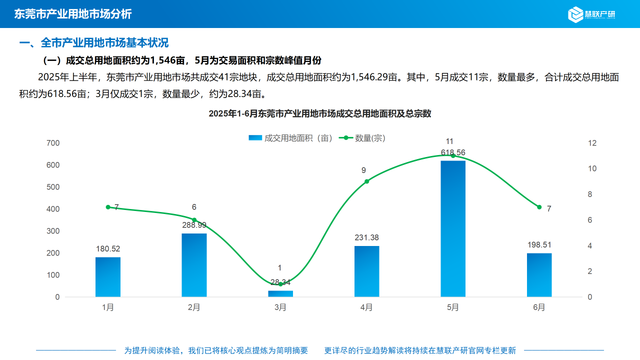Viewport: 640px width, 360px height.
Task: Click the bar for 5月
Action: point(453,228)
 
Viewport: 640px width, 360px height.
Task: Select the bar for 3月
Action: point(280,294)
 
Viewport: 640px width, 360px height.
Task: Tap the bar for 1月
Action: point(108,277)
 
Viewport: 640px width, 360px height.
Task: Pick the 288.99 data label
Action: point(194,225)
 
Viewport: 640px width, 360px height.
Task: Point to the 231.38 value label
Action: point(366,237)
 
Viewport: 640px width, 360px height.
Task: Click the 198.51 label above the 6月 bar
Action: point(539,244)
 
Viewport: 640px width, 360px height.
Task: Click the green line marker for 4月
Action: point(366,181)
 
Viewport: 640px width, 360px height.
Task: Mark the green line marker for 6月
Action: point(539,207)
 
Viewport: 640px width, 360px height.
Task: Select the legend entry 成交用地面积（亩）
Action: point(291,138)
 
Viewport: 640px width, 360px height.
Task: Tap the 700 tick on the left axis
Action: point(53,143)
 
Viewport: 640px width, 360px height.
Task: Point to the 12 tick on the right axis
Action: point(592,143)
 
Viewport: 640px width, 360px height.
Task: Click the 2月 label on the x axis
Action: point(194,307)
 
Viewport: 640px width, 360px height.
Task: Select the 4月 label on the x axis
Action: point(366,307)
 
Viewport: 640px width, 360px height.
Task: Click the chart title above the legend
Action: point(320,113)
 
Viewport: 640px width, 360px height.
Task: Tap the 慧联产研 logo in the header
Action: point(592,14)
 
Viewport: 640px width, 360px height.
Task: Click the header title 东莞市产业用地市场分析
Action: point(73,14)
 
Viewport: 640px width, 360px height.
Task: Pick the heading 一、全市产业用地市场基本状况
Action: point(94,43)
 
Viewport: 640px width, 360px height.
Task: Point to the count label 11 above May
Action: point(449,141)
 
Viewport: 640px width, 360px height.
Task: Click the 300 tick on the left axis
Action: point(53,231)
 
